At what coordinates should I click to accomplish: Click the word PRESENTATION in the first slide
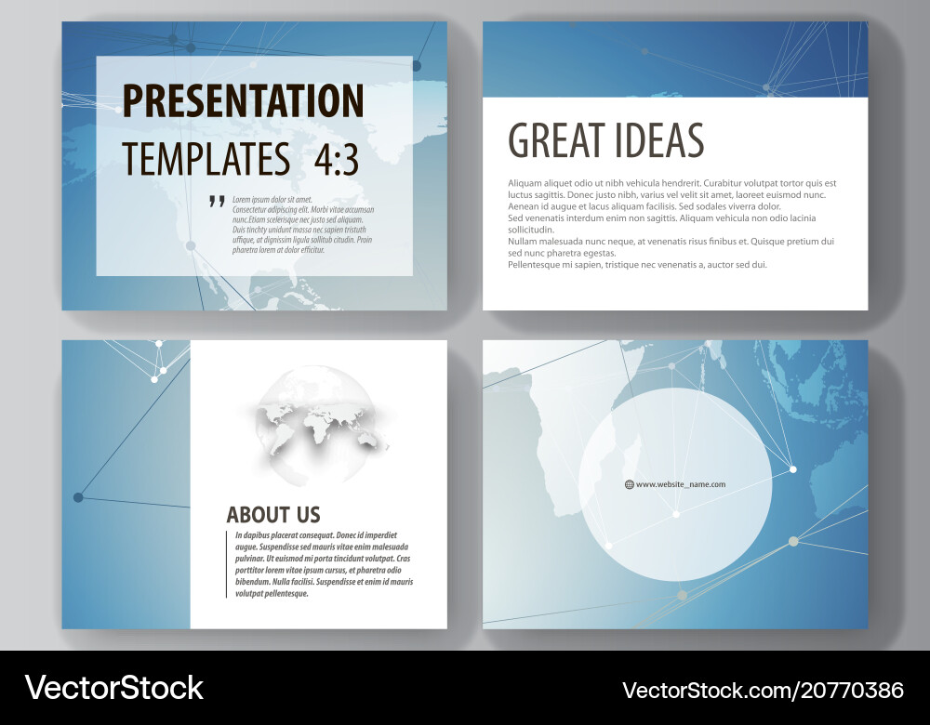coord(243,100)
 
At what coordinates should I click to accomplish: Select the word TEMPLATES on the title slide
coord(206,159)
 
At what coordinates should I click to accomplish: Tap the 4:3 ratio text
coord(337,160)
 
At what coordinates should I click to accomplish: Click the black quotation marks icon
coord(217,201)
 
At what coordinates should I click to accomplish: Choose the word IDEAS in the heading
coord(658,140)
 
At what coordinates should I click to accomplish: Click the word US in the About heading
coord(309,515)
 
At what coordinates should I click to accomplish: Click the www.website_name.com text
coord(681,484)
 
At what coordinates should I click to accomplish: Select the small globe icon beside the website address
coord(630,484)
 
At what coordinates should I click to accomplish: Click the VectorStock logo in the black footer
coord(113,688)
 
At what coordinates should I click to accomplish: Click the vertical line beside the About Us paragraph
coord(227,564)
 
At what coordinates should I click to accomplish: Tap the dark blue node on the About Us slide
coord(78,496)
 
